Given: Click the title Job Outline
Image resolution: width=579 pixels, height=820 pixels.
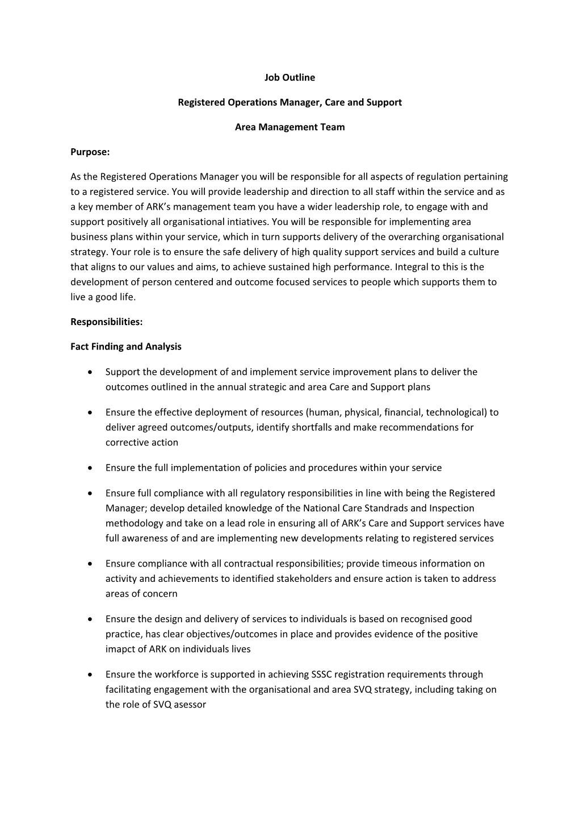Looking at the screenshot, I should click(x=289, y=77).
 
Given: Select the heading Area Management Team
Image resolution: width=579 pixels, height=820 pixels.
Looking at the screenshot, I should click(x=289, y=127).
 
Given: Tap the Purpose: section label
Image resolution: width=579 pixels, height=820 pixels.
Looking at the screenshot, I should click(x=90, y=152).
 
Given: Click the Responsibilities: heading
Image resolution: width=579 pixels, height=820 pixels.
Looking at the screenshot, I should click(x=106, y=322).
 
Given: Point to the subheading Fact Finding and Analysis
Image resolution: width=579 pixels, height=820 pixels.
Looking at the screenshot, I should click(x=125, y=347).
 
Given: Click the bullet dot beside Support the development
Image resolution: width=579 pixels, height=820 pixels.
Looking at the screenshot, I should click(x=91, y=372).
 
